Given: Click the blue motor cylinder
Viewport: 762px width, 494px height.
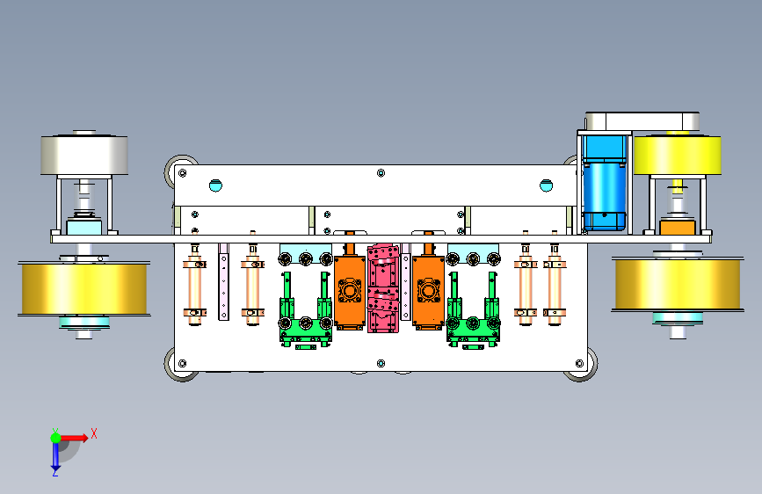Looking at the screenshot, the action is point(604,183).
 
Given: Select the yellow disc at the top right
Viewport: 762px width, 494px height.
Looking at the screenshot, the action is point(677,155).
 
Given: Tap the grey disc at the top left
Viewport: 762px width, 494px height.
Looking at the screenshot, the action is point(84,154).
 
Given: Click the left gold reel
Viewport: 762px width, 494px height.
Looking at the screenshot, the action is point(84,289).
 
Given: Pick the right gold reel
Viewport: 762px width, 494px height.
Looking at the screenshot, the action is point(678,284).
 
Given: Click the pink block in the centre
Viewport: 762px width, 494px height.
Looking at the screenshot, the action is point(383,288).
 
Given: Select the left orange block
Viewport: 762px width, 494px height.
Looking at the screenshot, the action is point(350,290).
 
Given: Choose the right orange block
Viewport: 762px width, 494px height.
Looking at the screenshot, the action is point(428,289).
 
